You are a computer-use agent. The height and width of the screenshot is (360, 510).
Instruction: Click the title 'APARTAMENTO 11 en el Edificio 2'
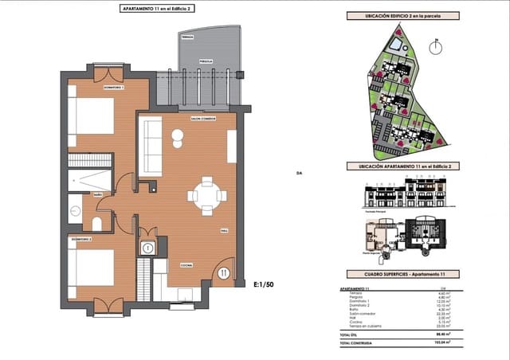157,7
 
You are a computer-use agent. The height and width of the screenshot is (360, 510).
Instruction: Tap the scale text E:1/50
263,284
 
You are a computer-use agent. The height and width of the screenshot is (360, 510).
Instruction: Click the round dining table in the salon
206,196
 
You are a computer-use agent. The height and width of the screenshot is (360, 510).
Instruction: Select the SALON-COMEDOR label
205,119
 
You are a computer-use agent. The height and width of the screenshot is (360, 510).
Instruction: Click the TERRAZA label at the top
186,37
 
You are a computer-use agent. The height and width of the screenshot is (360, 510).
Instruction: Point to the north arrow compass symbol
435,47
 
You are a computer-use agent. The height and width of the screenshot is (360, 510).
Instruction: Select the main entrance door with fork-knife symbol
222,273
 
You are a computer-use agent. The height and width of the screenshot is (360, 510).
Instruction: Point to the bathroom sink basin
76,211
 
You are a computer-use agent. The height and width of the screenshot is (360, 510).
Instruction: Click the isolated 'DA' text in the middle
299,172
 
